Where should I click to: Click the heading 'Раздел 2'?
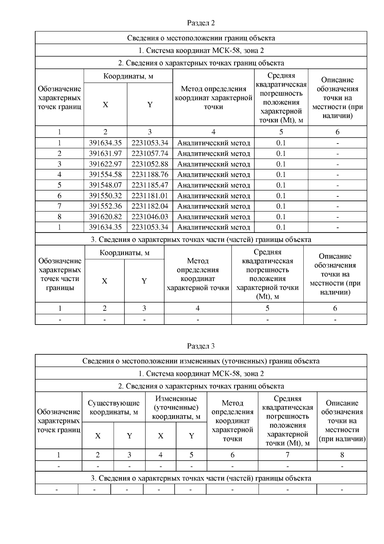click(201, 23)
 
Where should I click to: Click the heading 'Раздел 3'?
click(201, 346)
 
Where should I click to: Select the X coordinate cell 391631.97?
click(105, 153)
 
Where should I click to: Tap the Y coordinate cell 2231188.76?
click(150, 175)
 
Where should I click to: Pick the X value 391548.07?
click(105, 185)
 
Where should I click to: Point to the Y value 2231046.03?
click(150, 217)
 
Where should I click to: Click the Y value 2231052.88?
click(150, 164)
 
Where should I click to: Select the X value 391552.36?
click(105, 206)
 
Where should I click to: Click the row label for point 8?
click(60, 217)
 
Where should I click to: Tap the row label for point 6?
click(60, 196)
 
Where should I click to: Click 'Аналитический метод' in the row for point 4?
click(213, 175)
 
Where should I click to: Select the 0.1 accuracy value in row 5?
click(281, 185)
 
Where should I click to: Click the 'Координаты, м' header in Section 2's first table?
click(128, 76)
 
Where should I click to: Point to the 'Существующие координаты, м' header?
click(114, 408)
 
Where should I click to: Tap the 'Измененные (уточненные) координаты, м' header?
click(176, 408)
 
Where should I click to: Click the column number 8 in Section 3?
click(342, 455)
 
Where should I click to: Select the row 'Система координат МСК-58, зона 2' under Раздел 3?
click(201, 374)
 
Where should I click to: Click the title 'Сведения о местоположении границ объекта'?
click(201, 38)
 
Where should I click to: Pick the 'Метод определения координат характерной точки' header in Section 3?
click(232, 421)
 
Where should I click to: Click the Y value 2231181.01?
click(150, 196)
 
